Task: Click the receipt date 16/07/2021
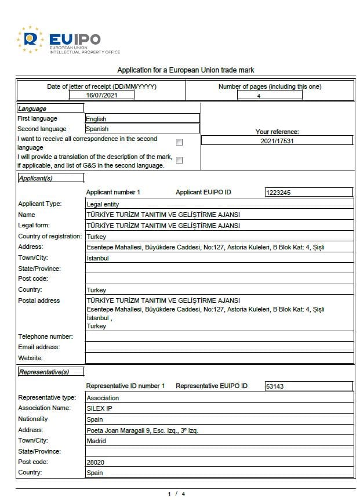tap(101, 95)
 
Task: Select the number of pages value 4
tap(259, 96)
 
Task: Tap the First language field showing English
tap(141, 119)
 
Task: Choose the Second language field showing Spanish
tap(141, 129)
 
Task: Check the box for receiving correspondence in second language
tap(180, 142)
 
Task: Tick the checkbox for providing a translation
tap(180, 160)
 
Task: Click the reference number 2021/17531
tap(277, 140)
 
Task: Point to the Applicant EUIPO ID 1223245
tap(308, 193)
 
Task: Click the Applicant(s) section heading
tap(35, 178)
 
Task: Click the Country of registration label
tap(50, 236)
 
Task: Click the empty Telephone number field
tap(219, 336)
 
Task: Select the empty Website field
tap(219, 358)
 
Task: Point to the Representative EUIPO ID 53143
tap(308, 386)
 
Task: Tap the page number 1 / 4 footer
tap(176, 494)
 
